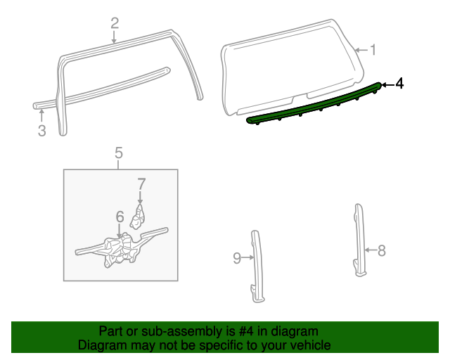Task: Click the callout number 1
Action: click(x=373, y=50)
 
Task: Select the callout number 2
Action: click(x=115, y=23)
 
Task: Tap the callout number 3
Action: click(x=41, y=130)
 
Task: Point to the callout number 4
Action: click(x=399, y=84)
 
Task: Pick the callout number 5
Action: click(x=118, y=152)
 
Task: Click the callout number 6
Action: click(x=120, y=217)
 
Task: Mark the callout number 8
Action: click(x=382, y=250)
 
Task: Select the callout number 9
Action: click(x=237, y=258)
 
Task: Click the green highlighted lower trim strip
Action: click(x=316, y=105)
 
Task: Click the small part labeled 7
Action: click(x=139, y=216)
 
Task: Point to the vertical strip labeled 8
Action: click(x=359, y=239)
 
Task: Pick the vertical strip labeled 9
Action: click(x=256, y=264)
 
